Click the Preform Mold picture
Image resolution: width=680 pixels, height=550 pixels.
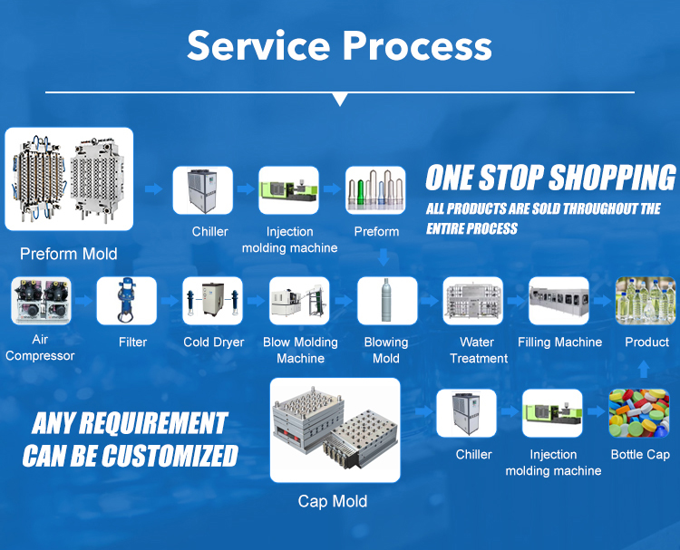69,179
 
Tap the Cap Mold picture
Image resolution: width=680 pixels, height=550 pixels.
335,430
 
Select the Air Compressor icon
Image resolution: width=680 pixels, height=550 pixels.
41,301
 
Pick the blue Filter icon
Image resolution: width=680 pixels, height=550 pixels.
127,301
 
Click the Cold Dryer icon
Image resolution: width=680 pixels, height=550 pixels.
212,301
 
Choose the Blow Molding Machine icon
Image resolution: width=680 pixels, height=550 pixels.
299,301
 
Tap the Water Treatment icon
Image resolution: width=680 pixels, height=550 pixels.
473,301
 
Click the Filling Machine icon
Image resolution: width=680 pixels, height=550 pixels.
559,301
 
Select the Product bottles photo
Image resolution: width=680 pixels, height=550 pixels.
646,301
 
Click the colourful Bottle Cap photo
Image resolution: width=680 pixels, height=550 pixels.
639,413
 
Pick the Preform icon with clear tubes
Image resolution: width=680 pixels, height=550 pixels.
375,190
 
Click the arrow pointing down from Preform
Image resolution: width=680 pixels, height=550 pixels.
384,257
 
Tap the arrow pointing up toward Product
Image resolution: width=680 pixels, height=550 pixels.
644,370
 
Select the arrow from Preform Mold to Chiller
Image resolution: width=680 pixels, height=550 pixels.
154,188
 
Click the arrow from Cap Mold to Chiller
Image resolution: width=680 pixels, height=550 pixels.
423,410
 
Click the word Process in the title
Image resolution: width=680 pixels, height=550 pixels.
417,46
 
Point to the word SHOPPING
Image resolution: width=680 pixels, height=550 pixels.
612,178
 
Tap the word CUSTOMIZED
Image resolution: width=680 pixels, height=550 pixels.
170,456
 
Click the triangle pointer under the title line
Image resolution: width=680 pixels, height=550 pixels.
341,99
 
